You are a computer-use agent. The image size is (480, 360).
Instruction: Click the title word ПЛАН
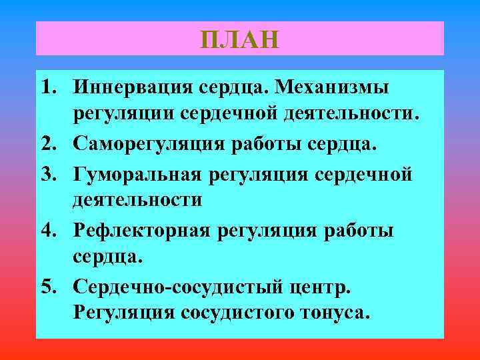coord(239,39)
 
